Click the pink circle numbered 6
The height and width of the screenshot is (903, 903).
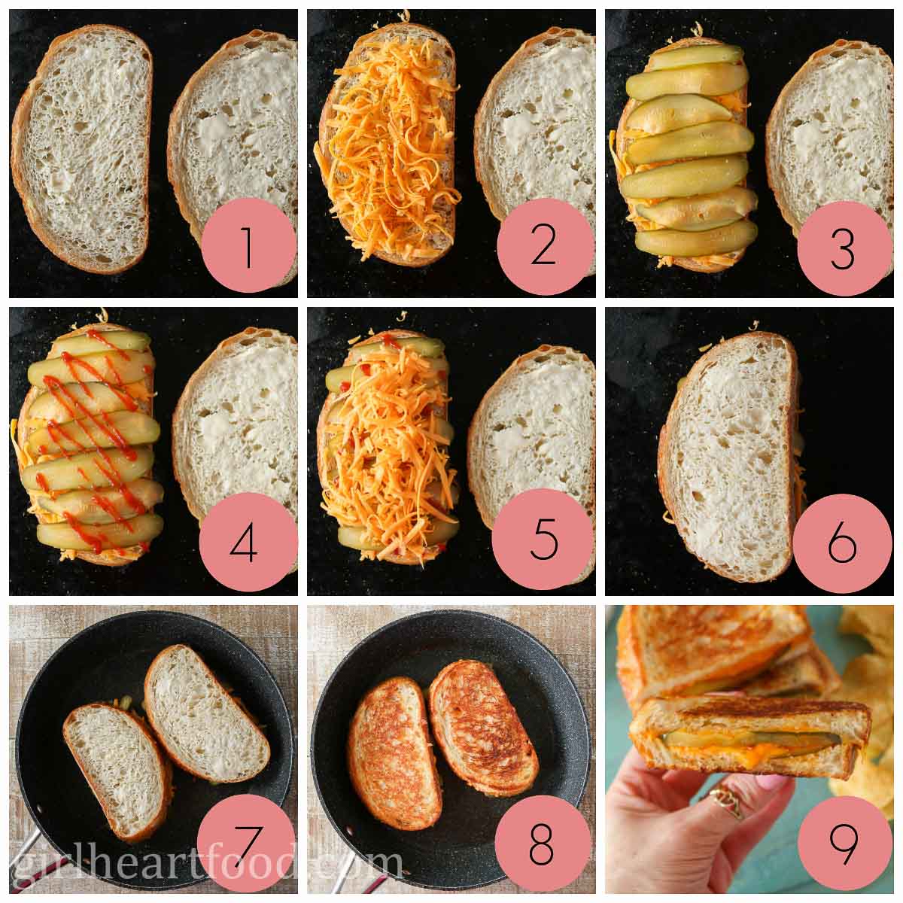point(843,543)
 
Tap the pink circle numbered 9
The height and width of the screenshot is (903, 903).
point(843,844)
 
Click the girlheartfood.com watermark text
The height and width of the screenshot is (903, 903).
point(203,865)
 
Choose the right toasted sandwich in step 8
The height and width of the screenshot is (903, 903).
point(483,727)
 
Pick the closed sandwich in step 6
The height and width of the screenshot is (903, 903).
point(726,455)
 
